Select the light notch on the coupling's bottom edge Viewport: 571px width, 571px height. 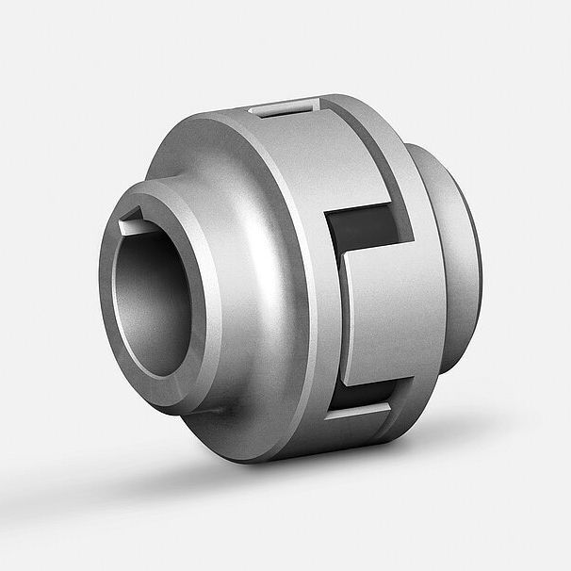tap(356, 412)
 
